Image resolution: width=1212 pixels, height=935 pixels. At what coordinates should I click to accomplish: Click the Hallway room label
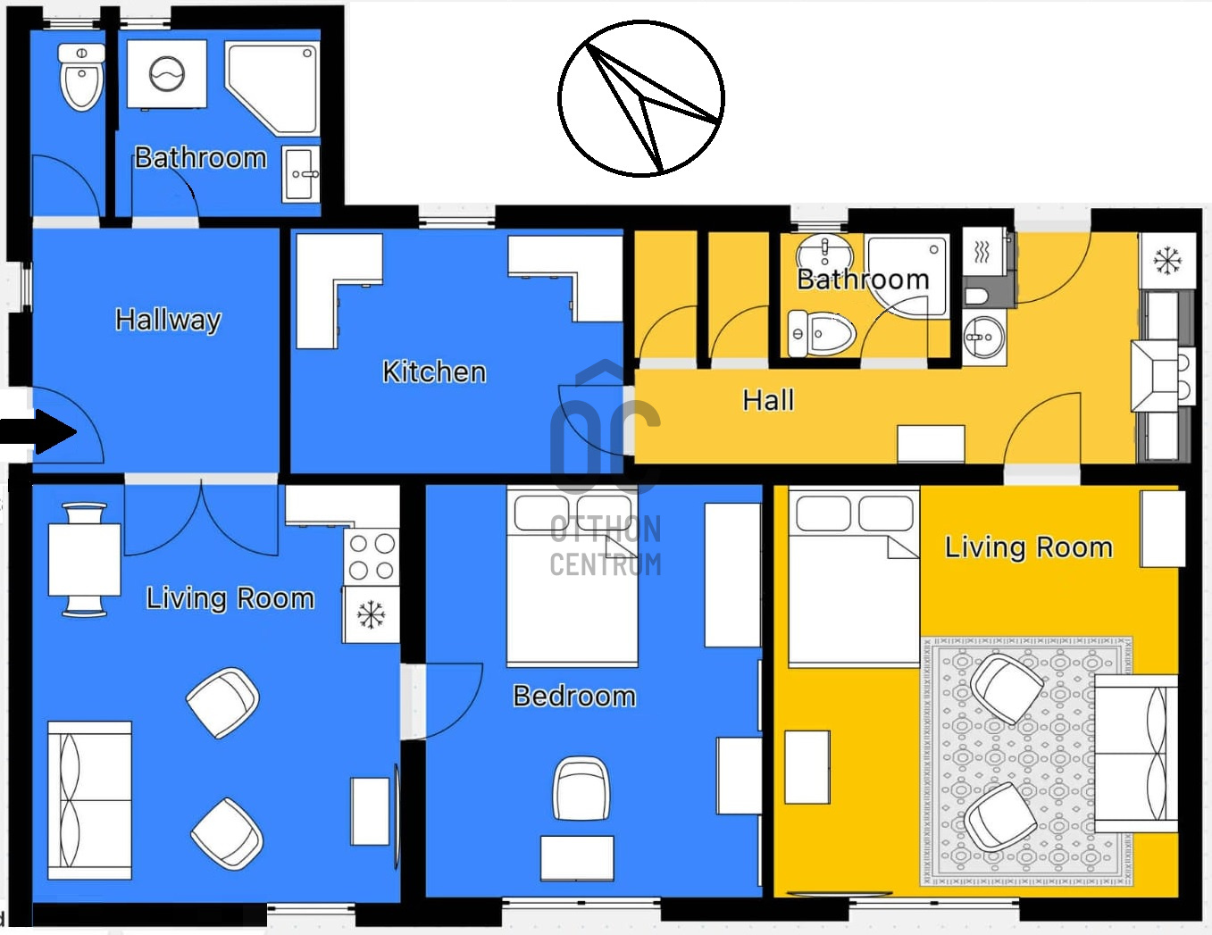168,321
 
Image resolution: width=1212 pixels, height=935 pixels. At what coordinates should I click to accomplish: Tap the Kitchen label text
434,371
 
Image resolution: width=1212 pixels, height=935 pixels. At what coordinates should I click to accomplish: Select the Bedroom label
574,697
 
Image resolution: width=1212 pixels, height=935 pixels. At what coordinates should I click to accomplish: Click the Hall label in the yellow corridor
768,400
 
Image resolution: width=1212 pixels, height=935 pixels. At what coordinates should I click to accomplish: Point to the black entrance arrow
38,432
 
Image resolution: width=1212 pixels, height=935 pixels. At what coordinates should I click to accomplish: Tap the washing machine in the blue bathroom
167,73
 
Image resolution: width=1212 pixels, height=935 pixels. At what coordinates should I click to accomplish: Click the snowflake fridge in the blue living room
371,614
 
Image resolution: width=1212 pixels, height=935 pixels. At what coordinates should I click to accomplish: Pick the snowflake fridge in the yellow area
1167,261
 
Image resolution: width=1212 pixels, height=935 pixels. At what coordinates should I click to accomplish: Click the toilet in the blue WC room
81,77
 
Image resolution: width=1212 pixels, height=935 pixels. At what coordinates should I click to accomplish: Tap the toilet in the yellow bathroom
821,333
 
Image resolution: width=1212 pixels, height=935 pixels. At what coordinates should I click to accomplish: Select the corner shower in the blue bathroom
272,88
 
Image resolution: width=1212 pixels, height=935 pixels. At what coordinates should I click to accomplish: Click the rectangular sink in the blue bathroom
301,174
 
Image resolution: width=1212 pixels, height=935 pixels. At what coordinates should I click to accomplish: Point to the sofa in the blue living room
90,801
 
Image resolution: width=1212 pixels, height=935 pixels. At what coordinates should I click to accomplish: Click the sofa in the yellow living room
1136,755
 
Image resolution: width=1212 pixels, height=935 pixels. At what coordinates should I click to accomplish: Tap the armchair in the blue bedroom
581,788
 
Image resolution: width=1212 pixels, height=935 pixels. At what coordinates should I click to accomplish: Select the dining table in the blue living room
84,560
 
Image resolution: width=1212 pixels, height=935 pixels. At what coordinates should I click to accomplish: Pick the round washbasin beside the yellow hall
984,338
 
